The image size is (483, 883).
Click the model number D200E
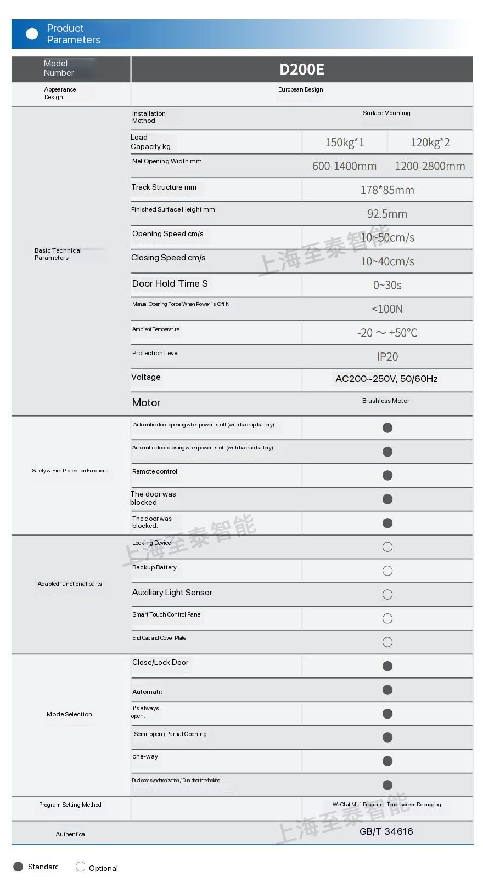pos(301,70)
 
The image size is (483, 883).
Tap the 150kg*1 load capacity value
pos(344,143)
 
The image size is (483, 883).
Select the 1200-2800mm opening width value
pos(430,166)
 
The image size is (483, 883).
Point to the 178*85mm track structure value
pos(387,190)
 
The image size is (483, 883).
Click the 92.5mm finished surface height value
pos(387,214)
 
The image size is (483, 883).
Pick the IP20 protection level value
pos(387,357)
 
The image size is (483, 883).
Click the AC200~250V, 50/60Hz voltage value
pos(386,379)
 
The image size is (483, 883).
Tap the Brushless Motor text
pos(385,401)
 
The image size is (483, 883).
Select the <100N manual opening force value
pos(387,309)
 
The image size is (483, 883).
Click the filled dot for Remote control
pos(387,475)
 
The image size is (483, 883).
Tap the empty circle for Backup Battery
pos(387,571)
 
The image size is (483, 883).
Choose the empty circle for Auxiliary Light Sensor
pos(387,595)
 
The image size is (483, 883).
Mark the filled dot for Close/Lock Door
pos(387,666)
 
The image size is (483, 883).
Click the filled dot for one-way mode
pos(387,761)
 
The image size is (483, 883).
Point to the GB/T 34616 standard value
pos(386,831)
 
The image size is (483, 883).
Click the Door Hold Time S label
pos(170,283)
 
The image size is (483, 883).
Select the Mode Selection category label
pos(69,714)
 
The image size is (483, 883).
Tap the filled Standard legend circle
pos(18,867)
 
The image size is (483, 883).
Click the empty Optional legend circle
pos(81,867)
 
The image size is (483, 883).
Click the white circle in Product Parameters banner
pos(32,34)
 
